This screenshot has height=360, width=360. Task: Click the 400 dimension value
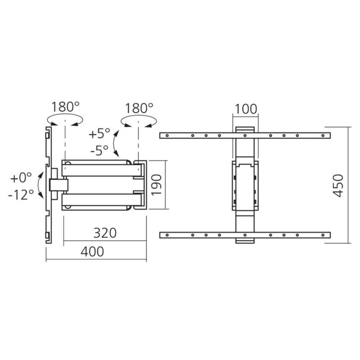[92, 252]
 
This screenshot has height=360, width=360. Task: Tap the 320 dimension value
[105, 233]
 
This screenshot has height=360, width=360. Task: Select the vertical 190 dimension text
[157, 185]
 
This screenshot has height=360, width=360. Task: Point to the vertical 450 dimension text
[338, 186]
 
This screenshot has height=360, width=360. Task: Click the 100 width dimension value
[245, 109]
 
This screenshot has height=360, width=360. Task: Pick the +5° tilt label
[99, 133]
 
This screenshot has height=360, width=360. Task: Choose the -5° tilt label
[99, 150]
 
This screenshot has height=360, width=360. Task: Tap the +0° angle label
[21, 177]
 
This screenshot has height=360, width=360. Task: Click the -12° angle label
[21, 195]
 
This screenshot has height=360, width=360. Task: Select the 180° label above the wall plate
[65, 107]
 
